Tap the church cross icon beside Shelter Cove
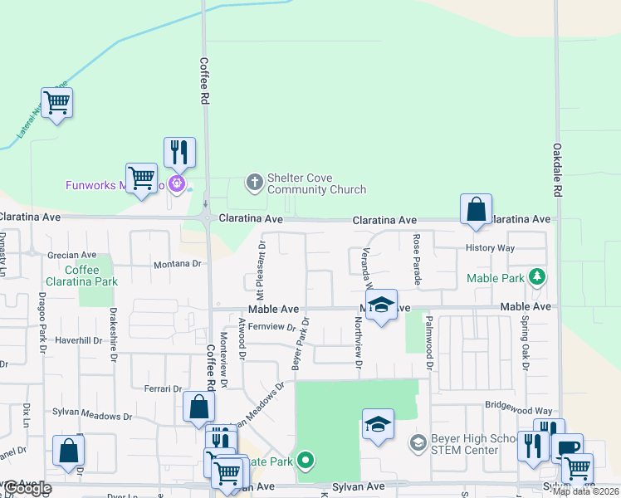tap(253, 179)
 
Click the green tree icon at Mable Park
tap(538, 276)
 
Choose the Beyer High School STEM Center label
tap(465, 445)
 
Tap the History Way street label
tap(490, 248)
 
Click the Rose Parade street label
tap(418, 260)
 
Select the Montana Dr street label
tap(178, 264)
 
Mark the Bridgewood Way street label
tap(519, 411)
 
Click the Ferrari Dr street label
tap(163, 388)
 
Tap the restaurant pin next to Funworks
tap(179, 153)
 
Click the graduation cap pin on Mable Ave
tap(381, 305)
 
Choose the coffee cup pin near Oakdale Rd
tap(567, 448)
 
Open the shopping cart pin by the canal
tap(56, 104)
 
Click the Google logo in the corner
tap(28, 488)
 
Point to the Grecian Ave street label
tap(71, 256)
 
